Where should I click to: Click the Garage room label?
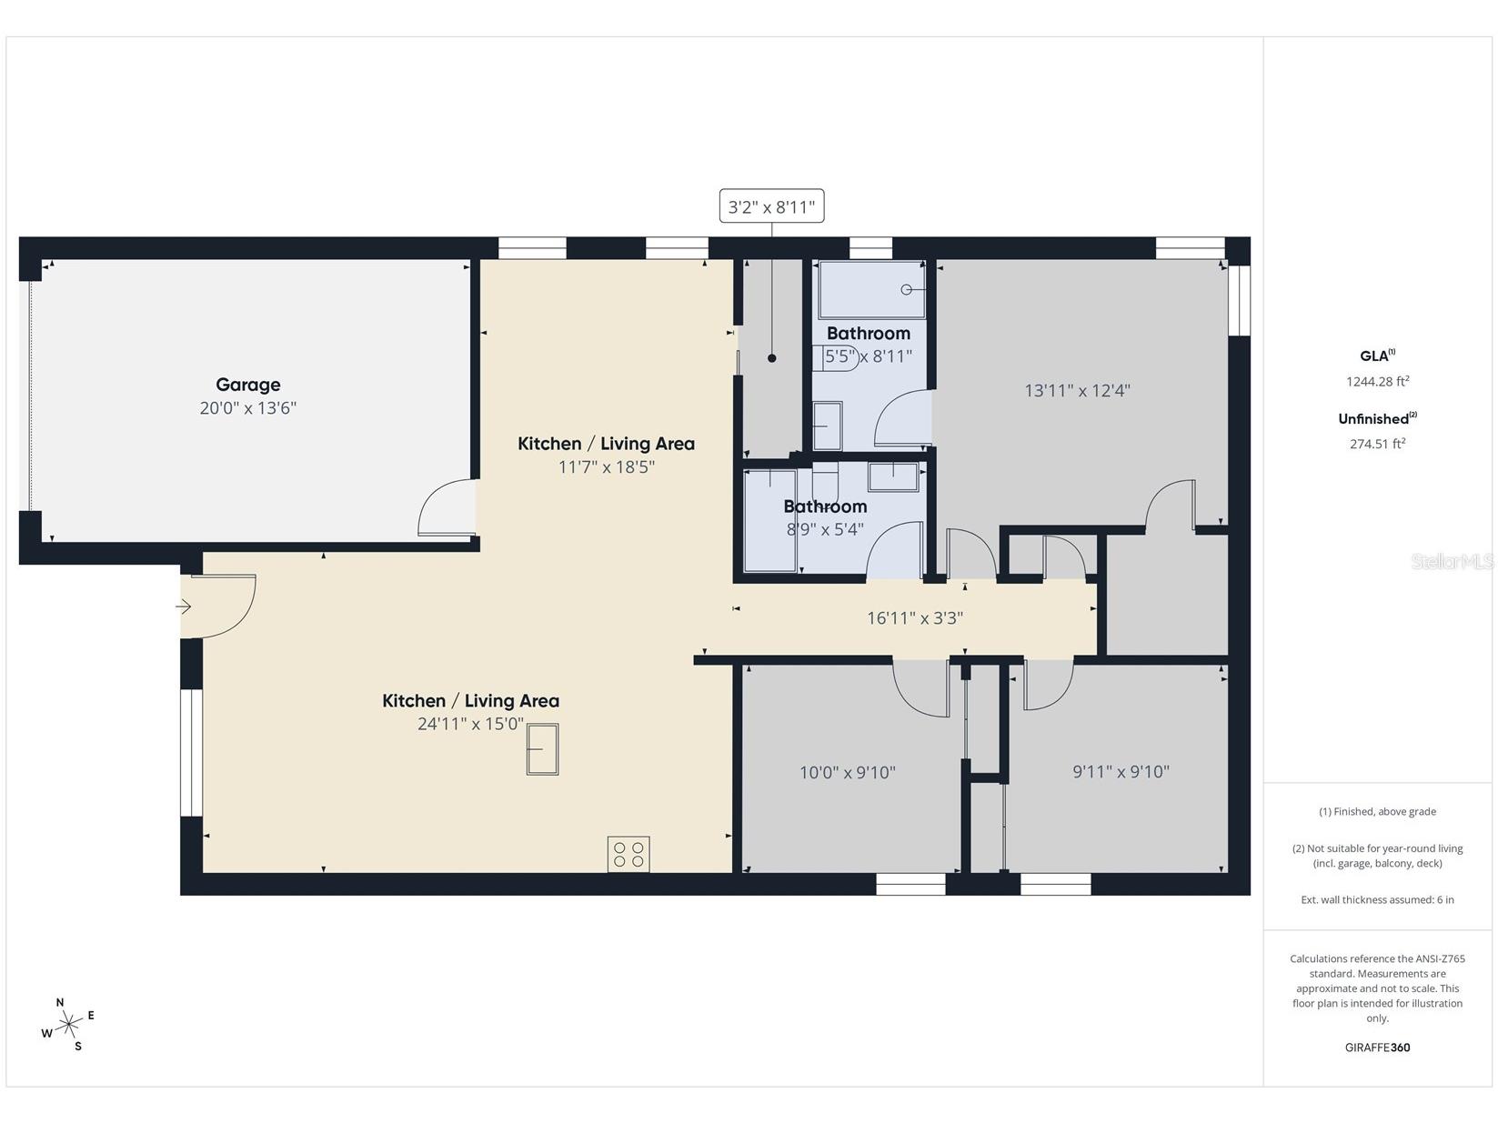point(247,385)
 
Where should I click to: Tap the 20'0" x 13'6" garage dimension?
point(247,408)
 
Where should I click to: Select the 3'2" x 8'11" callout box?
point(771,206)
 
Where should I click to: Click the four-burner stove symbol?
point(628,854)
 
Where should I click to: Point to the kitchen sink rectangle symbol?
point(543,749)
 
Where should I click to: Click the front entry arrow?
point(184,607)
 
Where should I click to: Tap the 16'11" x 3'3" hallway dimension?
point(914,618)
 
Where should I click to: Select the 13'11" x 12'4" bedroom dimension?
point(1077,390)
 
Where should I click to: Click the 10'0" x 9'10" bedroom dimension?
point(847,772)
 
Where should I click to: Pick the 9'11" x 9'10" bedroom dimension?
point(1121,772)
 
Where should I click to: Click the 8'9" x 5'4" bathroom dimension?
point(824,529)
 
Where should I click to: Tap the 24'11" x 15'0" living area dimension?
point(470,724)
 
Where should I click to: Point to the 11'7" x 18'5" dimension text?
point(606,466)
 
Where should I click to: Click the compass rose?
point(68,1024)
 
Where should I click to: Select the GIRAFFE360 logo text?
point(1377,1048)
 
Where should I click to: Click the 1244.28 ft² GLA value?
point(1377,381)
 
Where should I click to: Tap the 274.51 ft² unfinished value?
point(1377,444)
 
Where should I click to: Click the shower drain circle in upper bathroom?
point(906,290)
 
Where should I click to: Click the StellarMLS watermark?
point(1452,562)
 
